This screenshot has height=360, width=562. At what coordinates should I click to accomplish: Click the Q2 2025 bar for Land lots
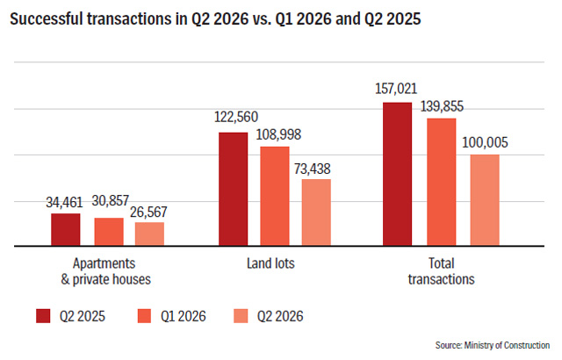[x=233, y=189]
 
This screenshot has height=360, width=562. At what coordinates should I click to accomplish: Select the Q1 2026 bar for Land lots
[x=275, y=197]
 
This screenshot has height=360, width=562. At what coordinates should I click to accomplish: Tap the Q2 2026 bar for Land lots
[x=316, y=212]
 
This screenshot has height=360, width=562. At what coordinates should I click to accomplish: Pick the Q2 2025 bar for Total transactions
[x=397, y=174]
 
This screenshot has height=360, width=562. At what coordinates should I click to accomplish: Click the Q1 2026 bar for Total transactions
[x=441, y=182]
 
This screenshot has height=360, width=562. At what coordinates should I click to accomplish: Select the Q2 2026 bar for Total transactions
[x=485, y=200]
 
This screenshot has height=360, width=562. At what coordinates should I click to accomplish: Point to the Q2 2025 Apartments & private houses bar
[x=66, y=230]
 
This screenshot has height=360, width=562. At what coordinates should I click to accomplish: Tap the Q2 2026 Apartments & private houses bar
[x=149, y=234]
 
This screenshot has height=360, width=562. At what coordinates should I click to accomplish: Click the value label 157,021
[x=396, y=89]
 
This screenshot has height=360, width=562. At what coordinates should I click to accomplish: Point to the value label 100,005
[x=485, y=142]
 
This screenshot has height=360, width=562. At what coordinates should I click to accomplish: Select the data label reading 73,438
[x=313, y=169]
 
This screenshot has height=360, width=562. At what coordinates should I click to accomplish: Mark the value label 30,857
[x=110, y=200]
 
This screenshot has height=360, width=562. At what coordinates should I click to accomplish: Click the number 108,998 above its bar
[x=278, y=134]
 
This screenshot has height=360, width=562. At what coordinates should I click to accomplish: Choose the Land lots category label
[x=270, y=263]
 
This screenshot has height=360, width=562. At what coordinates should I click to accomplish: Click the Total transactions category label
[x=441, y=271]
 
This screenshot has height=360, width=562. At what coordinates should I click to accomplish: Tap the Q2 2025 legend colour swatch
[x=43, y=316]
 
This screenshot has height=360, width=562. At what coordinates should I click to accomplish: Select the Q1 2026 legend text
[x=184, y=316]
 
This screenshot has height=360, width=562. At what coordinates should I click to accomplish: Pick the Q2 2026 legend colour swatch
[x=241, y=316]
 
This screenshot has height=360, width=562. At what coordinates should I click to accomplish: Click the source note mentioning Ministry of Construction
[x=493, y=345]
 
